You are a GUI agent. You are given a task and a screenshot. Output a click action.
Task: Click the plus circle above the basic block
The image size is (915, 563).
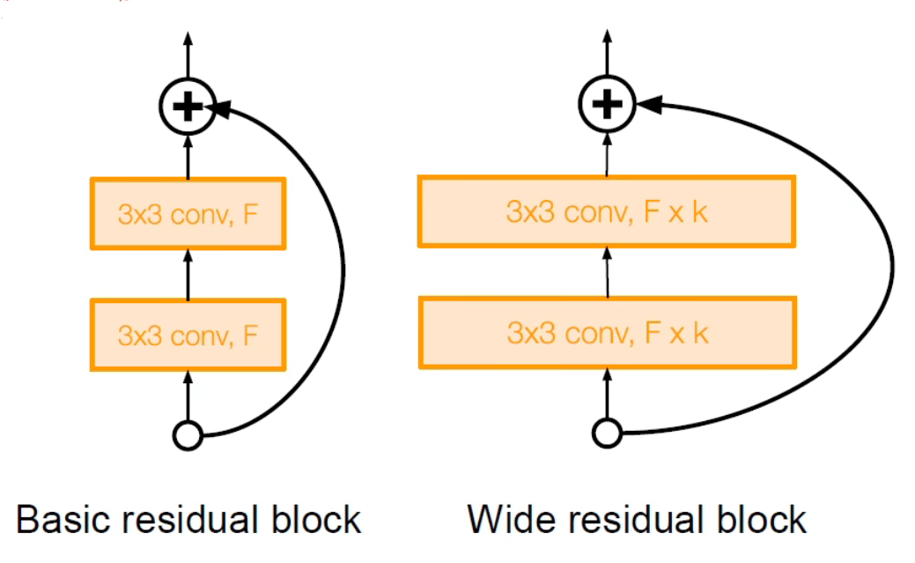[187, 107]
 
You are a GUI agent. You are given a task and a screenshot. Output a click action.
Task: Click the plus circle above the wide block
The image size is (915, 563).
[606, 105]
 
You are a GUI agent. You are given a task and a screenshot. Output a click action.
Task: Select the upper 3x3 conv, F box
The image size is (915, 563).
[188, 212]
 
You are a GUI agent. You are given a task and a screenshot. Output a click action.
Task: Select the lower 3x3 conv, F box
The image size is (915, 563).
[188, 334]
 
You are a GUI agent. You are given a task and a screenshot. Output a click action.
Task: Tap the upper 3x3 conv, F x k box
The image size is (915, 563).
[607, 211]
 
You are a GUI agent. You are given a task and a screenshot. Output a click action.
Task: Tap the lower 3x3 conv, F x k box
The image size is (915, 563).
[607, 332]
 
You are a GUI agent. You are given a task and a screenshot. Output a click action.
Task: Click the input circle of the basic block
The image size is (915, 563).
[188, 434]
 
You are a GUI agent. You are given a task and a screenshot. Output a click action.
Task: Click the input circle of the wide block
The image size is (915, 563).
[607, 433]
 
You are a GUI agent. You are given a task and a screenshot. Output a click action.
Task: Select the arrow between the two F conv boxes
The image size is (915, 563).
[188, 273]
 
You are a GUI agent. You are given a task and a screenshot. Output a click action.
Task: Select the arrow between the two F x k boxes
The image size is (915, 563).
[607, 271]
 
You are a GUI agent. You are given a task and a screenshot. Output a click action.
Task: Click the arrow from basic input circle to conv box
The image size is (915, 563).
[188, 396]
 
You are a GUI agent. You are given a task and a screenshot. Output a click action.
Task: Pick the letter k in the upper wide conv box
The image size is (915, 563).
[699, 211]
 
